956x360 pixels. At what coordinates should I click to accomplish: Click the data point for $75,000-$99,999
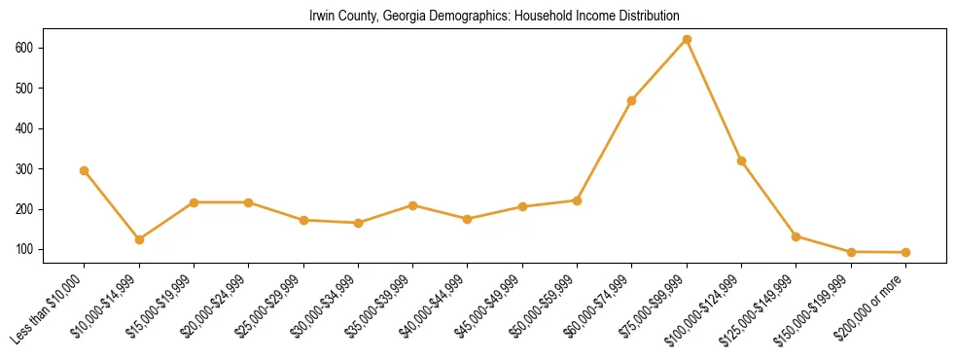click(x=687, y=39)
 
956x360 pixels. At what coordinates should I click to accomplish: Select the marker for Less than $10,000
click(x=85, y=170)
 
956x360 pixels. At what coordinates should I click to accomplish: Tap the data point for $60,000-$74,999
click(x=632, y=100)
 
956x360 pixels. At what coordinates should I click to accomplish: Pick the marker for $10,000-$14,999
click(x=139, y=239)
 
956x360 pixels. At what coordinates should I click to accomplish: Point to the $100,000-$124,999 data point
click(x=742, y=161)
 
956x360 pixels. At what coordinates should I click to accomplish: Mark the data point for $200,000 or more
click(x=905, y=253)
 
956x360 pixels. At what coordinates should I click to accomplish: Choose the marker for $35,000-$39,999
click(x=413, y=205)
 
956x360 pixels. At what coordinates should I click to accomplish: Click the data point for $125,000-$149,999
click(x=797, y=236)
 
